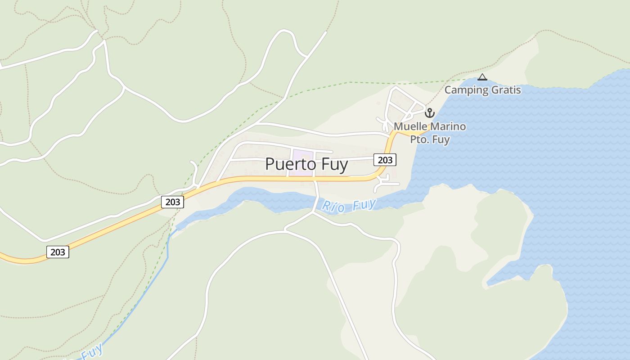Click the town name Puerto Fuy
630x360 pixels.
pyautogui.click(x=306, y=164)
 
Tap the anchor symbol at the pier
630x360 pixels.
pyautogui.click(x=430, y=113)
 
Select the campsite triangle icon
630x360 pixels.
pyautogui.click(x=482, y=77)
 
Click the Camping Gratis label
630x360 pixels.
pyautogui.click(x=482, y=90)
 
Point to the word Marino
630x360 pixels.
pyautogui.click(x=447, y=126)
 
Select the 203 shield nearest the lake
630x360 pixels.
pyautogui.click(x=385, y=160)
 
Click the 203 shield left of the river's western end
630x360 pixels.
pyautogui.click(x=172, y=202)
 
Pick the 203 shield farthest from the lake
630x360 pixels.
pyautogui.click(x=58, y=252)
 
